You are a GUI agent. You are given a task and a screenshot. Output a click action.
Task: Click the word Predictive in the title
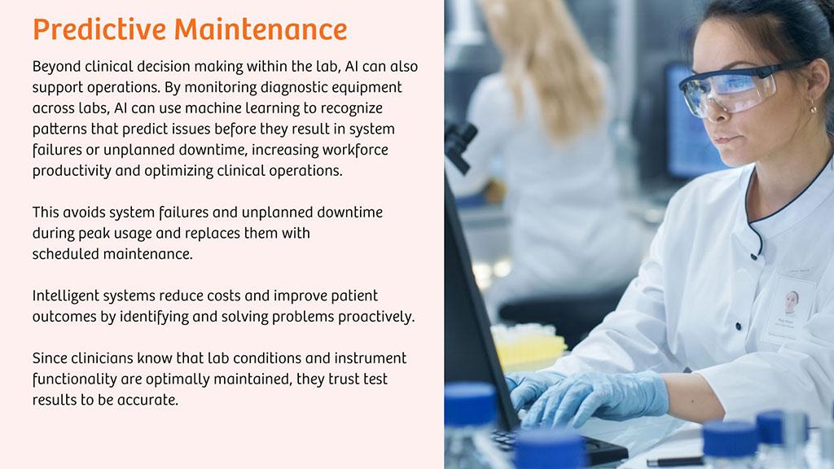coord(99,29)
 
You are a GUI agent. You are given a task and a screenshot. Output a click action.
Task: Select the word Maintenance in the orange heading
coord(261,29)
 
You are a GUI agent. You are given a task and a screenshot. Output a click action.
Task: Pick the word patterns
coord(59,129)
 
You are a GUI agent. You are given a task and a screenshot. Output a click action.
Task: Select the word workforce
coord(355,150)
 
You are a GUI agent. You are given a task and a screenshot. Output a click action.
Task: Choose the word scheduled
coord(66,254)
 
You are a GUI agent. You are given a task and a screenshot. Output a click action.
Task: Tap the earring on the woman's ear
coord(814,108)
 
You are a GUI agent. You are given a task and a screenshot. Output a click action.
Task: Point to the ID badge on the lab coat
coord(790,308)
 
